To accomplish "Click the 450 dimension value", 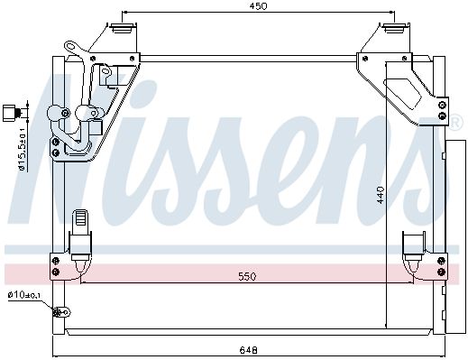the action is [x=258, y=6].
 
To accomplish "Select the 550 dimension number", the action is [x=247, y=276].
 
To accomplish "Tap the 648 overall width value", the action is [x=249, y=350].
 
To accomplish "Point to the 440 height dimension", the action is [x=381, y=195].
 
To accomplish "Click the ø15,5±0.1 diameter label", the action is [x=22, y=148].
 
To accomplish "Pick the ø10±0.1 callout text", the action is [x=24, y=295].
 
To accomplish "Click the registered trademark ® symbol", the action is [x=455, y=122].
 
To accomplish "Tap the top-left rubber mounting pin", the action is [x=123, y=29].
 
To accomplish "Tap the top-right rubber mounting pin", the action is [x=394, y=29].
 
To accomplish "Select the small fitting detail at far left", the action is [x=12, y=113].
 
